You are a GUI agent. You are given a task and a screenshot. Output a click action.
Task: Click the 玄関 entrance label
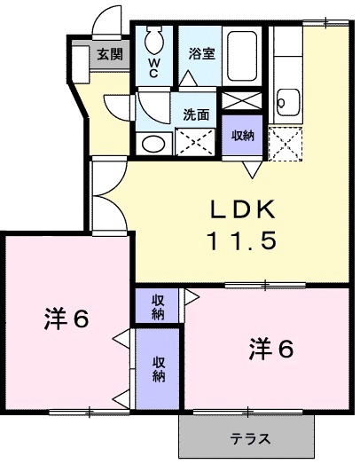point(110,53)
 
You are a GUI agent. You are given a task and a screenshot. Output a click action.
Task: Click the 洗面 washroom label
point(196,114)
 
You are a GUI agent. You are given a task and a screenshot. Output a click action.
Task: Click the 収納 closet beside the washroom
point(242,136)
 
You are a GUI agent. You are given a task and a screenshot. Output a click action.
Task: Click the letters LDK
point(244,209)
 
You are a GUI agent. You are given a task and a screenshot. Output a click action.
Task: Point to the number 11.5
point(243,240)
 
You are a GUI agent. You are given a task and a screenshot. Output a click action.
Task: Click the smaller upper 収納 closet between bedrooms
point(158,307)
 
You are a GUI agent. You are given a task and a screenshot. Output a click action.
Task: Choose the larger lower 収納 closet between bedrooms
point(158,368)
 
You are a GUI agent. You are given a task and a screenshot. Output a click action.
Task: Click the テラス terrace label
point(251,439)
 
